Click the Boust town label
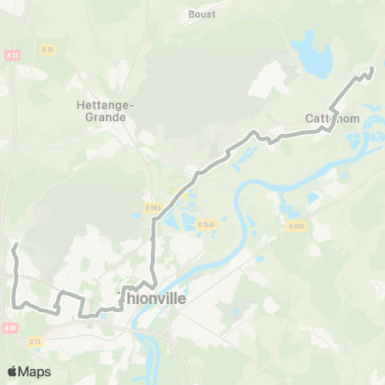click(x=202, y=14)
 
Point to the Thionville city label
click(x=152, y=298)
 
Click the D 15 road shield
click(x=48, y=50)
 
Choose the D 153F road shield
click(x=205, y=225)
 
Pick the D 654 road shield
click(x=297, y=226)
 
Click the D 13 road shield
click(x=34, y=341)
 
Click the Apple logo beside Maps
click(x=12, y=371)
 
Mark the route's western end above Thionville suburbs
click(x=16, y=243)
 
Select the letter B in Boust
click(x=191, y=14)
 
